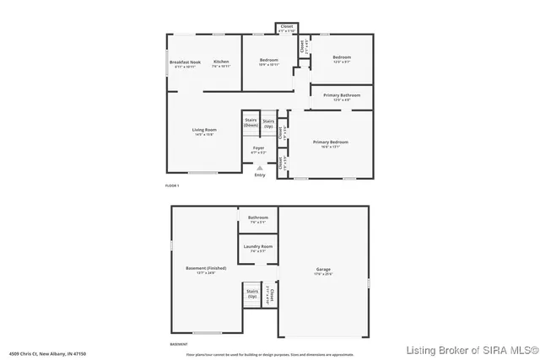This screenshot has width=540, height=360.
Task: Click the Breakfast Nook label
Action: (185, 62)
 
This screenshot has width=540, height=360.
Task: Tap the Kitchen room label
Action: (221, 62)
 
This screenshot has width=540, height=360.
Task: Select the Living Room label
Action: (204, 130)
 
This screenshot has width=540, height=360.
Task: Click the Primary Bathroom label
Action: (342, 95)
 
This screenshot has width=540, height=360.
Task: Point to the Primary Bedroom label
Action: (331, 142)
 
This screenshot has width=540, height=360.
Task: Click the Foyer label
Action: (259, 148)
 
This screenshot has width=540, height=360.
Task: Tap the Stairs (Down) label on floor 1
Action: (251, 122)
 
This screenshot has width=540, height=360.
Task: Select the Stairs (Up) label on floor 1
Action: (268, 122)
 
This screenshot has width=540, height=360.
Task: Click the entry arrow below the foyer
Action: (259, 168)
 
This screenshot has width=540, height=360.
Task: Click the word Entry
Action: (259, 175)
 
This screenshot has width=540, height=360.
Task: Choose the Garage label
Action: (324, 270)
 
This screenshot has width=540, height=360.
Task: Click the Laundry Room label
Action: (258, 246)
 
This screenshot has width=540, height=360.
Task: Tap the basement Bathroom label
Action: (258, 218)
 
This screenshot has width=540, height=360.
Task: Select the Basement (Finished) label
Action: (205, 269)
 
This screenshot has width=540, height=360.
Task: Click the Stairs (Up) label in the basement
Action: (251, 294)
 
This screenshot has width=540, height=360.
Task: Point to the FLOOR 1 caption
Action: (172, 185)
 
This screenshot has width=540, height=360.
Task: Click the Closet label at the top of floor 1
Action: (287, 27)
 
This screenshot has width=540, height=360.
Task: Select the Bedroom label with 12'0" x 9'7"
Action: (342, 58)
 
